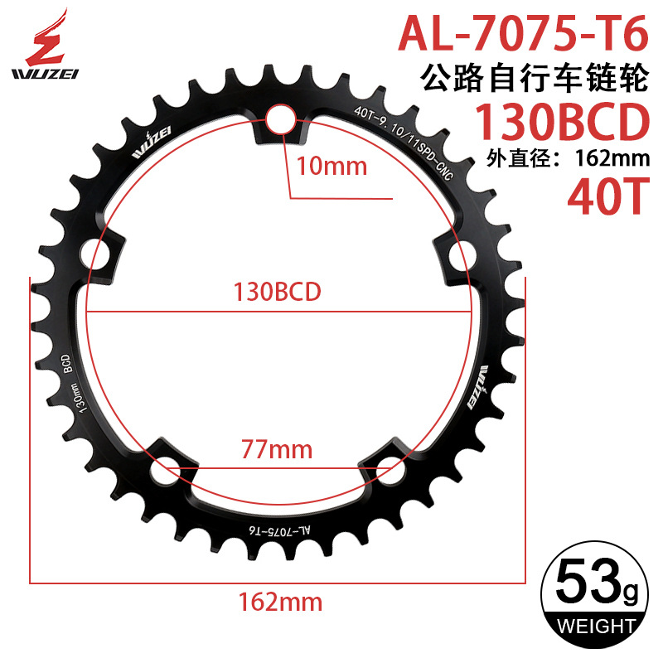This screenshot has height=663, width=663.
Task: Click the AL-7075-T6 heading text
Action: pyautogui.click(x=522, y=34)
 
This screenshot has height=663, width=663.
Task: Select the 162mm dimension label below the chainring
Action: pyautogui.click(x=280, y=599)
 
